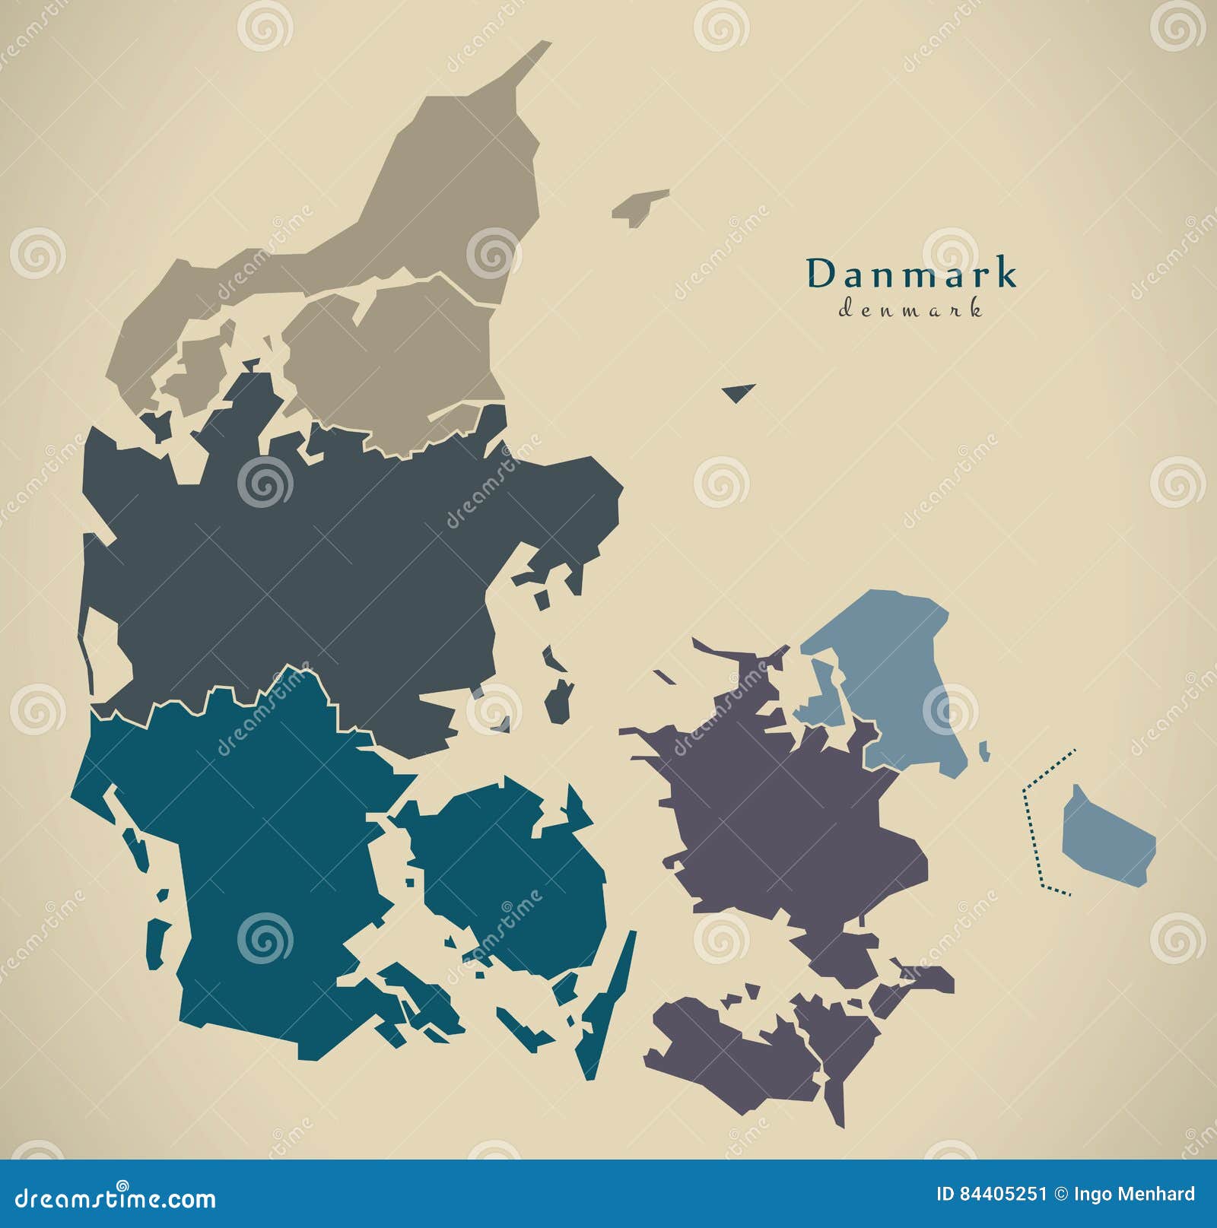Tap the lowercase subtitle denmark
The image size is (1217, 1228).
point(910,309)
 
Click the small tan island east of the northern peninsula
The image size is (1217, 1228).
point(639,205)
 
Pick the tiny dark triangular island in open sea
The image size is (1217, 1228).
point(738,392)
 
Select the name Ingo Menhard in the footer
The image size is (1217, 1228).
point(1144,1194)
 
